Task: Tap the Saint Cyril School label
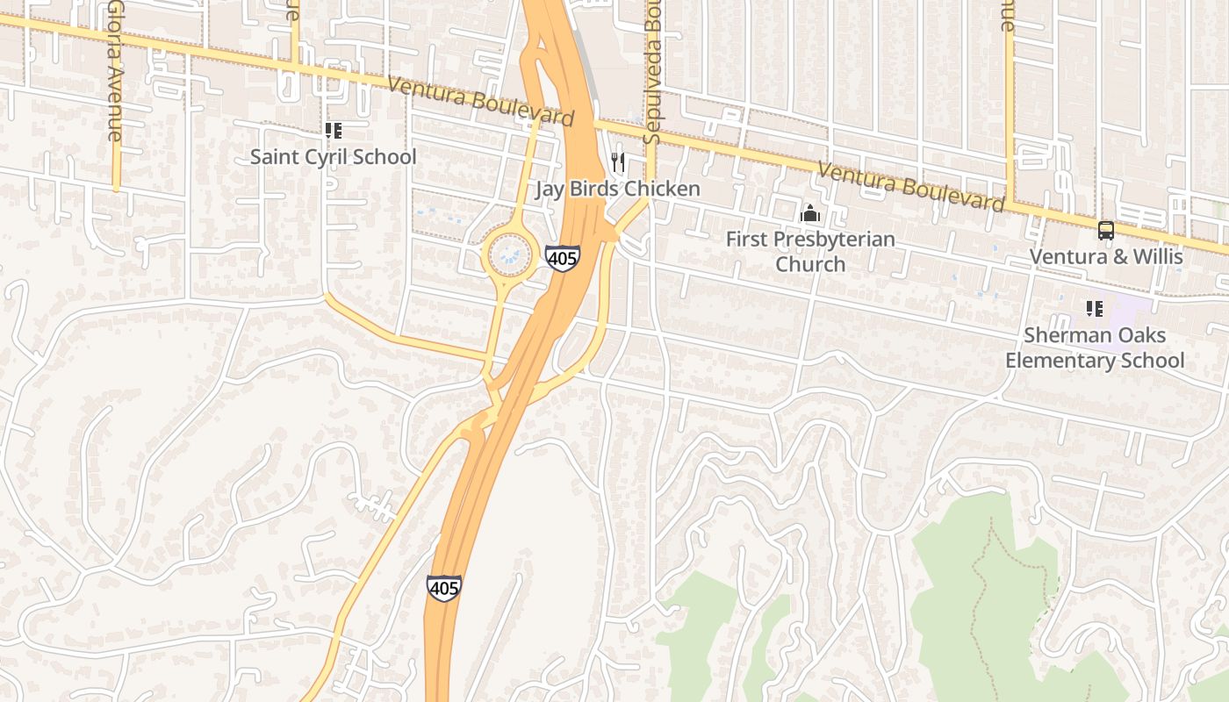pyautogui.click(x=334, y=157)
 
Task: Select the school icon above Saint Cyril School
pyautogui.click(x=333, y=131)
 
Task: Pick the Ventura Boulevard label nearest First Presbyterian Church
pyautogui.click(x=909, y=187)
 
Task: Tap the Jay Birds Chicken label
pyautogui.click(x=618, y=189)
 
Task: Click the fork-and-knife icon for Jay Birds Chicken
pyautogui.click(x=618, y=162)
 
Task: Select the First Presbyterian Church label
pyautogui.click(x=809, y=251)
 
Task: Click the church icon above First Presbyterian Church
pyautogui.click(x=809, y=213)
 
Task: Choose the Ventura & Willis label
pyautogui.click(x=1105, y=256)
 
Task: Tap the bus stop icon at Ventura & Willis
pyautogui.click(x=1105, y=231)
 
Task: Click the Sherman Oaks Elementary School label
pyautogui.click(x=1095, y=347)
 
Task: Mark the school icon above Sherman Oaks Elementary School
pyautogui.click(x=1094, y=308)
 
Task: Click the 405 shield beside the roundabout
pyautogui.click(x=562, y=258)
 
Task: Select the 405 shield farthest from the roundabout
pyautogui.click(x=444, y=587)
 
